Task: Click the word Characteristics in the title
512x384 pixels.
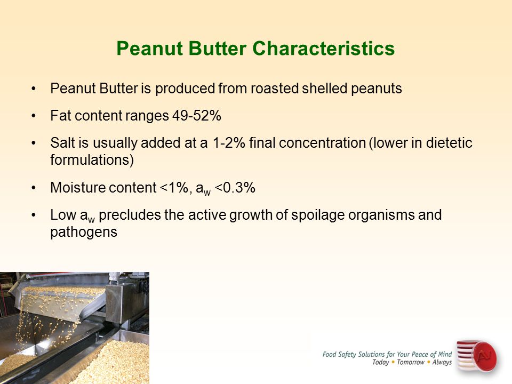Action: point(323,49)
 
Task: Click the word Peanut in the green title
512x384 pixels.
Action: point(150,49)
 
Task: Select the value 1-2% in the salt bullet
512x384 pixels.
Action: point(229,143)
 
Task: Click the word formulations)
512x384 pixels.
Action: point(92,160)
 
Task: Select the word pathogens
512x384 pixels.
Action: point(84,233)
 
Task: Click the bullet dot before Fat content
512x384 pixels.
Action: point(34,116)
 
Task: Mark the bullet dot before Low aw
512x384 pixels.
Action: point(34,215)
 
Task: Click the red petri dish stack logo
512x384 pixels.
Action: point(477,356)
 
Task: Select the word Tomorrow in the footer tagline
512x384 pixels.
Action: point(411,362)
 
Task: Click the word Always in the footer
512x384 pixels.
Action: point(442,363)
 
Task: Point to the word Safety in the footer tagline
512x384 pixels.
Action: point(347,355)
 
